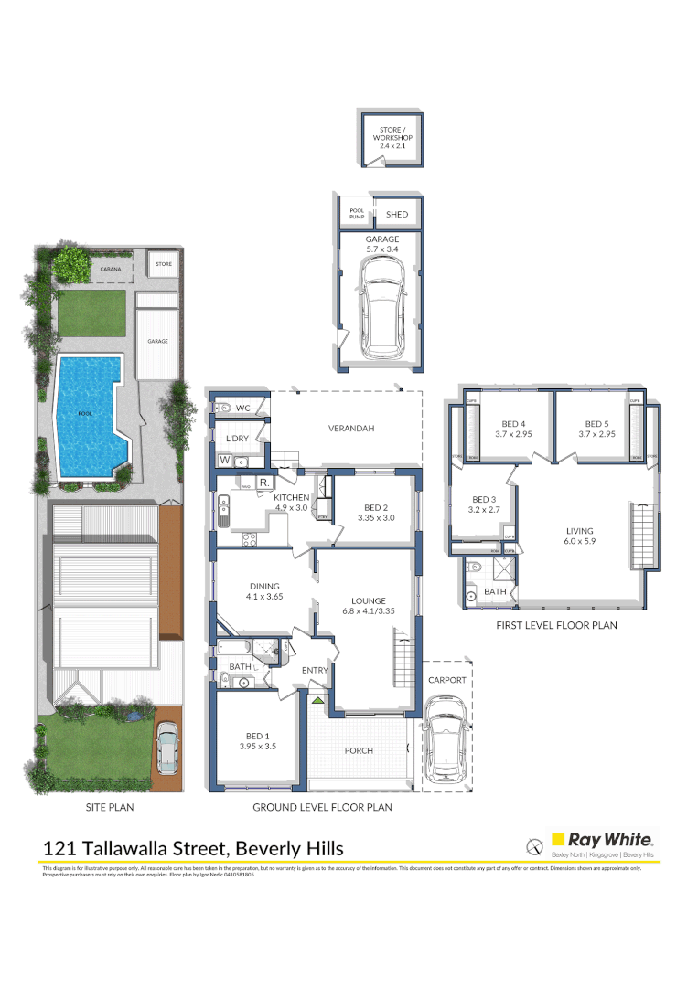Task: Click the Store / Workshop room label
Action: [x=392, y=136]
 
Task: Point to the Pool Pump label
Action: [x=357, y=214]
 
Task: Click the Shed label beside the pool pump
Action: [x=397, y=215]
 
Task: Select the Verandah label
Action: [x=352, y=428]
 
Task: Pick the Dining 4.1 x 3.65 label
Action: [x=264, y=592]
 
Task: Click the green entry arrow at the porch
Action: [x=317, y=700]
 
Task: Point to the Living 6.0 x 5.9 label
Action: [x=579, y=536]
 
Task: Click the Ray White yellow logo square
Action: [x=557, y=838]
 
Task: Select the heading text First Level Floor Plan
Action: [x=556, y=626]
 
